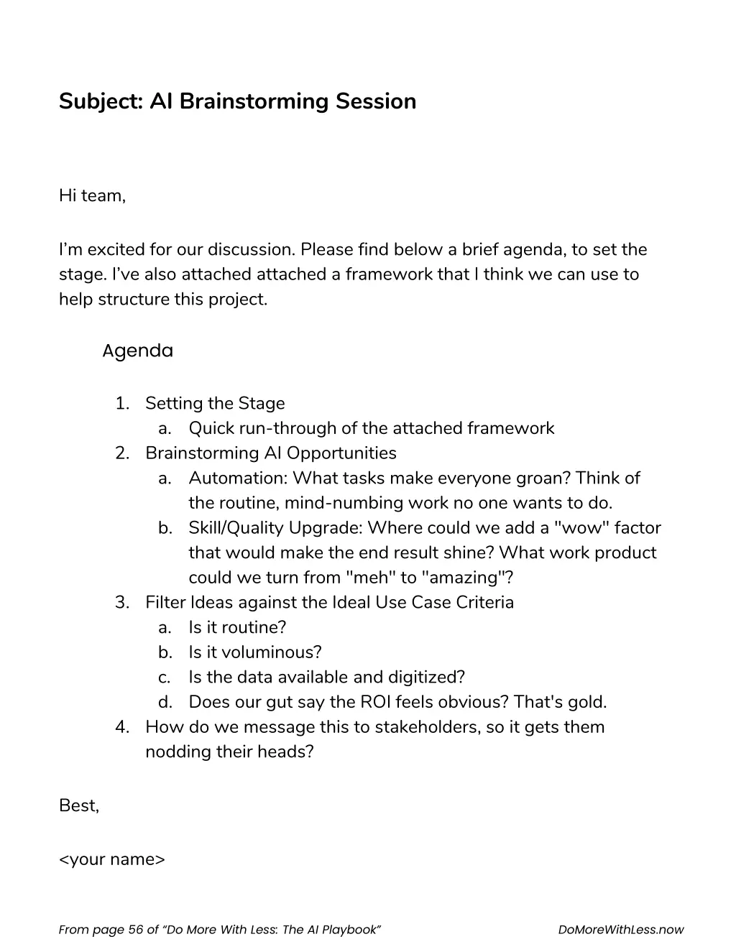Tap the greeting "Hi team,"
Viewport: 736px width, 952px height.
click(92, 195)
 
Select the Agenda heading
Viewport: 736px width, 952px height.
click(137, 351)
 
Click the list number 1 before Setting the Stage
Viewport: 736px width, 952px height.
click(121, 404)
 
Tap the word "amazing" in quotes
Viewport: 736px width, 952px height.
click(467, 578)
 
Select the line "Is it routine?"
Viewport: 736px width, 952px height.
click(237, 628)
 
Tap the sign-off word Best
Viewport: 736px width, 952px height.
click(78, 806)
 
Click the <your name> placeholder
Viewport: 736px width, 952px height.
click(112, 859)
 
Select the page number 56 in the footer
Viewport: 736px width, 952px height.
click(135, 930)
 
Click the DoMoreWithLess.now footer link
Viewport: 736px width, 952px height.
click(620, 930)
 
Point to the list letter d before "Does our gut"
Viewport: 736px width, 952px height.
click(165, 702)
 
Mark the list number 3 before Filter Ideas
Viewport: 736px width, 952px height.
click(121, 603)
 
